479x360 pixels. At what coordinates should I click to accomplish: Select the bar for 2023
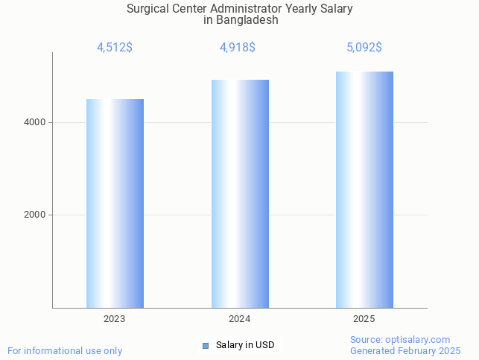[115, 203]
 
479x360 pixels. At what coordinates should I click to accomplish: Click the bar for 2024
[240, 194]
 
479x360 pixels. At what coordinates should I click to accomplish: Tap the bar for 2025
[364, 189]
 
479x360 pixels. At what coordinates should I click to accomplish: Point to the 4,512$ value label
[115, 48]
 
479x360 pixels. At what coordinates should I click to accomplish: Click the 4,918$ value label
[238, 48]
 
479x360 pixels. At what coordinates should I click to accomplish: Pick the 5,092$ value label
[364, 48]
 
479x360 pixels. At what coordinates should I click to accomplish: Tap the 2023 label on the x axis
[115, 319]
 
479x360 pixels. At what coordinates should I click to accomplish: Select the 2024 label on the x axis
[240, 319]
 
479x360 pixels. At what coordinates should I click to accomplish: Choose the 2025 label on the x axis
[364, 319]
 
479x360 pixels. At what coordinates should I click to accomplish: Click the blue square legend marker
[206, 345]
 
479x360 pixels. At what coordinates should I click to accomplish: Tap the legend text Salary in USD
[245, 345]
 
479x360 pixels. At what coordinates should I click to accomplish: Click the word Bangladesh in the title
[247, 20]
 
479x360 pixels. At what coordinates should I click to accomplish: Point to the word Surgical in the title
[147, 9]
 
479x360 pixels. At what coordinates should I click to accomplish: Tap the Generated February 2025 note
[405, 351]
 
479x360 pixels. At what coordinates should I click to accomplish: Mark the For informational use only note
[65, 351]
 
